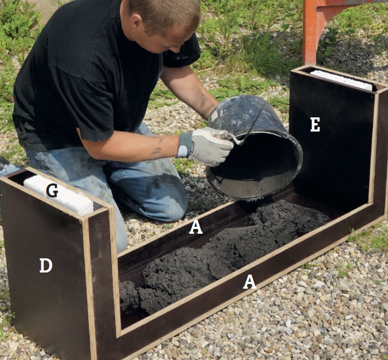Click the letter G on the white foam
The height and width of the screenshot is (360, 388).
click(52, 191)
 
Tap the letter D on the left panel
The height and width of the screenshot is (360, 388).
click(46, 265)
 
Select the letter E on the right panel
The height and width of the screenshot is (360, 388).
click(315, 125)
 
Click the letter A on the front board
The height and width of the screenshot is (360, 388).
click(249, 282)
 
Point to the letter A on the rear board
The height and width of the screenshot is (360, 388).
click(196, 227)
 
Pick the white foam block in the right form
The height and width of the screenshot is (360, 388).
click(341, 80)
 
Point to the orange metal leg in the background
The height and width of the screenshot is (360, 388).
click(310, 32)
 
